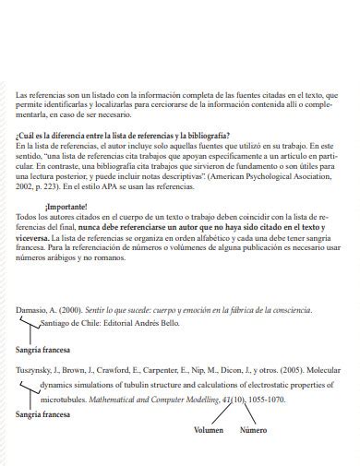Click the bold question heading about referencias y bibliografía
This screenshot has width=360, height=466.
(122, 136)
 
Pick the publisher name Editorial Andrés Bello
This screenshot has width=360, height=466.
(144, 326)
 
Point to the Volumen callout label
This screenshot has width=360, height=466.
(209, 430)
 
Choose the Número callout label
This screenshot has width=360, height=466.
(254, 430)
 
